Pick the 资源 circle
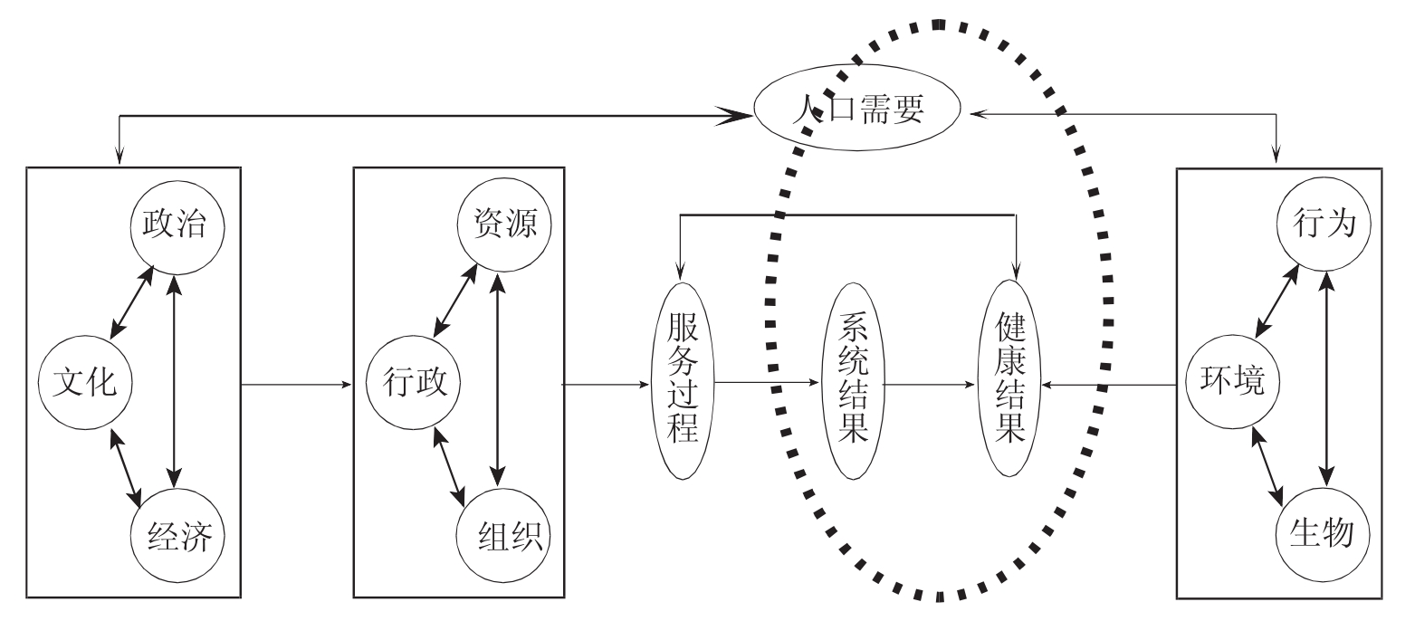pyautogui.click(x=503, y=225)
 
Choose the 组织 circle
pyautogui.click(x=503, y=540)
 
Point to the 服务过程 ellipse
pyautogui.click(x=684, y=384)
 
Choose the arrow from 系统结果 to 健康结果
pyautogui.click(x=932, y=384)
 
